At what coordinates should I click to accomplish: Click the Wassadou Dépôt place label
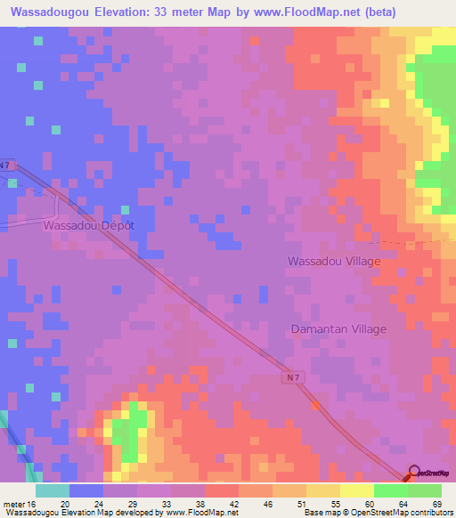[x=89, y=226]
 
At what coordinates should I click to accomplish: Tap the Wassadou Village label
[x=333, y=262]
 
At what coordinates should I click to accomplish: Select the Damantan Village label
[x=338, y=329]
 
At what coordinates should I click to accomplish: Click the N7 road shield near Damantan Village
[x=294, y=377]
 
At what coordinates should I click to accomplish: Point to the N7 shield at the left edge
[x=6, y=165]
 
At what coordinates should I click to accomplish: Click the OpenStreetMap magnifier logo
[x=414, y=474]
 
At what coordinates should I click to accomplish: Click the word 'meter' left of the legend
[x=13, y=504]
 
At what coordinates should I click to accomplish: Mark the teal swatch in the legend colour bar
[x=52, y=490]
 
